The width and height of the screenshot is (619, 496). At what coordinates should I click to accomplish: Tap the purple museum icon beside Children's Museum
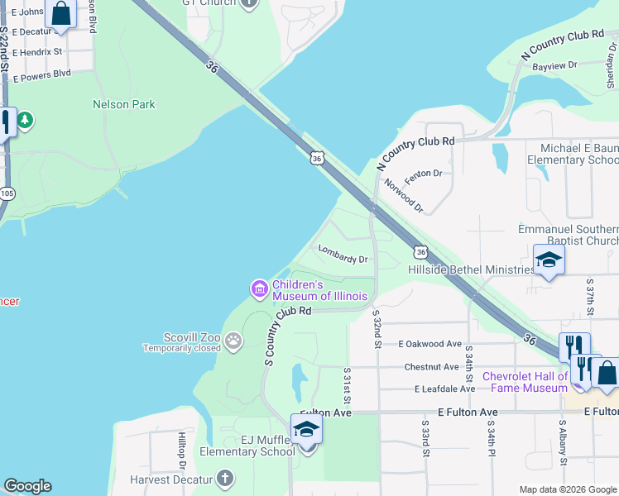(x=259, y=289)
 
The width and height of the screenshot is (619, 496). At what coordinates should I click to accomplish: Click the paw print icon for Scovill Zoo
(x=234, y=339)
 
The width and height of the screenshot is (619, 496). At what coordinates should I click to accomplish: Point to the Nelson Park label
(x=124, y=105)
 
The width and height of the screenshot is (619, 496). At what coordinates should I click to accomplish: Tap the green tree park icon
(x=25, y=121)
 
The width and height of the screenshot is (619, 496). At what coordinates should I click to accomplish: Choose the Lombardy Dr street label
(x=343, y=259)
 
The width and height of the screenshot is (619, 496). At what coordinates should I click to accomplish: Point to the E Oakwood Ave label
(x=429, y=344)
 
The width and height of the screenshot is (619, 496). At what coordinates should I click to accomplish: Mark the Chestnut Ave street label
(x=431, y=367)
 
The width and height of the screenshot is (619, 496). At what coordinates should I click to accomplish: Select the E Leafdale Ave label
(x=434, y=389)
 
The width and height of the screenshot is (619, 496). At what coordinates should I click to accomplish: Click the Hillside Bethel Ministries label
(x=471, y=269)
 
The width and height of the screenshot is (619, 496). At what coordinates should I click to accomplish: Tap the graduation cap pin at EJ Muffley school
(x=306, y=430)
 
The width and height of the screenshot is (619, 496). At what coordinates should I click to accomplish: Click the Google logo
(x=27, y=486)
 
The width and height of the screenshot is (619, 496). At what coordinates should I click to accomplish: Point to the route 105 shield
(x=7, y=193)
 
